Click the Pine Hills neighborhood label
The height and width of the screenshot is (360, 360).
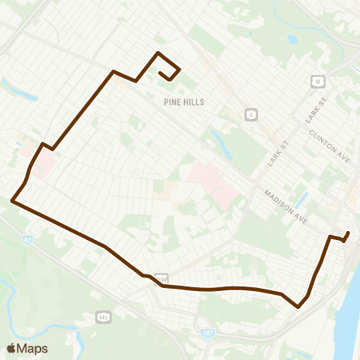(183, 101)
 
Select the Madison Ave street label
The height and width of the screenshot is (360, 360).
(286, 205)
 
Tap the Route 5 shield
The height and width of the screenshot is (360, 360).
(250, 115)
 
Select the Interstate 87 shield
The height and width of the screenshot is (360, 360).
(28, 240)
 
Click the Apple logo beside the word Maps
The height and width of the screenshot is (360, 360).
(11, 348)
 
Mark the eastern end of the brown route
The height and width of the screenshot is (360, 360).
(348, 232)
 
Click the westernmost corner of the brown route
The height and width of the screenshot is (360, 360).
(12, 200)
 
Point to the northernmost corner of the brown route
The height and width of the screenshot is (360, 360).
(157, 52)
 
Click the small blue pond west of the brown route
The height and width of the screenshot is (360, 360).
(31, 96)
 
